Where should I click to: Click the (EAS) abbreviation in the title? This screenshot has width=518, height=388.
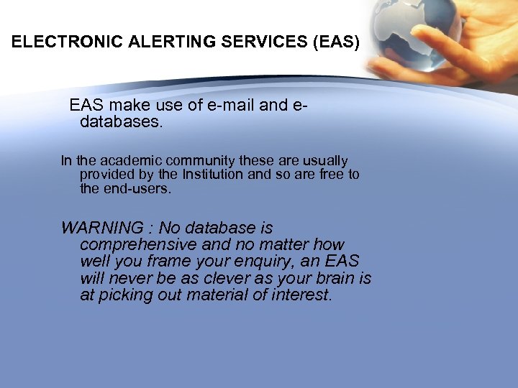pos(336,42)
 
